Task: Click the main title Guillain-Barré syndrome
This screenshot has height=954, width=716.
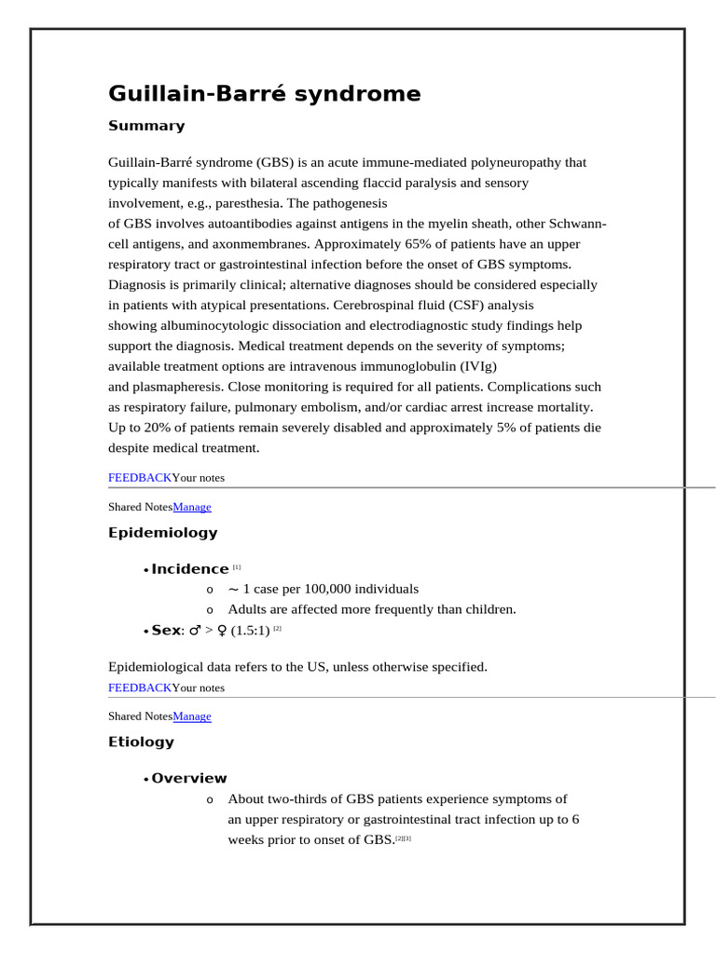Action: (264, 94)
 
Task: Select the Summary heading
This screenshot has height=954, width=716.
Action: (146, 126)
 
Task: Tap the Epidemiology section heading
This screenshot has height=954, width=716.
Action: (162, 533)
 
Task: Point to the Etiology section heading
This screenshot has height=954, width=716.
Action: (141, 743)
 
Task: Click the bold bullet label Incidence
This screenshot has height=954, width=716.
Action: (189, 569)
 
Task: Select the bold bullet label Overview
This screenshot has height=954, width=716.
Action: (188, 779)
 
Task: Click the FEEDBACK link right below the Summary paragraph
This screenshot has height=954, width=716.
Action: (140, 478)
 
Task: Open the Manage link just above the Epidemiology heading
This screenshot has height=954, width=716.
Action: (192, 507)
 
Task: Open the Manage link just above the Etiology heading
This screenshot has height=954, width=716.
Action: (192, 716)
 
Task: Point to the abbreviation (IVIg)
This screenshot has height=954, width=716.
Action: (475, 366)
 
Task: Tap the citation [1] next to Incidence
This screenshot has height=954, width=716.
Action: (237, 567)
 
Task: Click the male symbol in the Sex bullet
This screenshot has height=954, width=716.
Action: (195, 631)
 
